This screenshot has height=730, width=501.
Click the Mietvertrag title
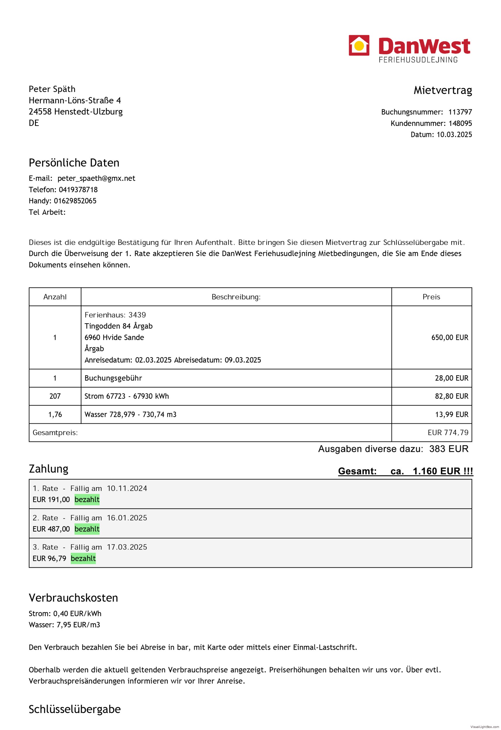point(443,90)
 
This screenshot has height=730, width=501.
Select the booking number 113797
point(460,112)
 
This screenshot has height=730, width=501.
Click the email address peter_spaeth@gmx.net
point(96,178)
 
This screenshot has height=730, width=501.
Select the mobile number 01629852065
point(75,201)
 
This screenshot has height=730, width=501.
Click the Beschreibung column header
point(236,297)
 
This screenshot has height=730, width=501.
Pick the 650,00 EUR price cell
point(450,337)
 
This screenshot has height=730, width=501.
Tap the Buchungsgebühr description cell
point(113,378)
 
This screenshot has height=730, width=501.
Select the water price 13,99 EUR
point(451,414)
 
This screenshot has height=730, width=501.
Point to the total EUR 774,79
point(448,432)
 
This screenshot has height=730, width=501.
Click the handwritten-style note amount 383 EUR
point(448,449)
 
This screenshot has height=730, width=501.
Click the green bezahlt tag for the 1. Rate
point(87,499)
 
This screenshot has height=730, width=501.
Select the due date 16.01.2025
point(127,518)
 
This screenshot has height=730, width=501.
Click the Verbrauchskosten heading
point(74,598)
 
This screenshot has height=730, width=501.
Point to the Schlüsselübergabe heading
point(75,709)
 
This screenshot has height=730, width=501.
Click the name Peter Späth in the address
point(52,89)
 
